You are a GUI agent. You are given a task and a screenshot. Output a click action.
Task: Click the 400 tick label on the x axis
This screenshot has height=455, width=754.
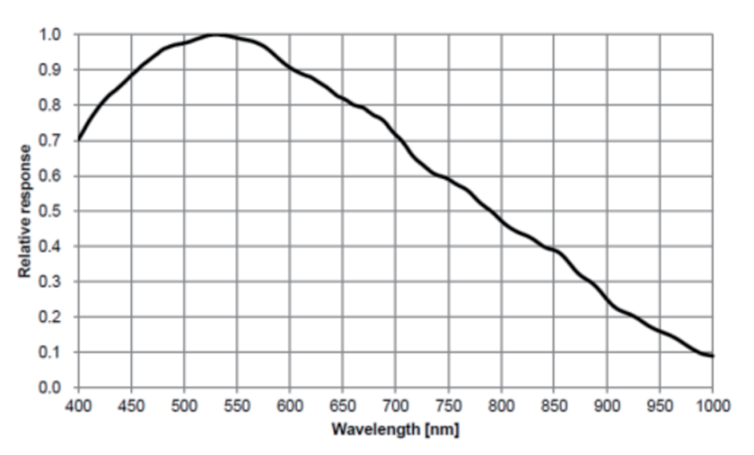pyautogui.click(x=79, y=406)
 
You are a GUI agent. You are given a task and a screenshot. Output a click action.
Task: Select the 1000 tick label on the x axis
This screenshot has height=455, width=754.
pyautogui.click(x=712, y=406)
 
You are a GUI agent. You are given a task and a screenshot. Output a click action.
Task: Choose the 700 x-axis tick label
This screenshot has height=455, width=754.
pyautogui.click(x=396, y=406)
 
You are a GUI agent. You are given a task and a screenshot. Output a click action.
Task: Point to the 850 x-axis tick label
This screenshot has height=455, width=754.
pyautogui.click(x=554, y=406)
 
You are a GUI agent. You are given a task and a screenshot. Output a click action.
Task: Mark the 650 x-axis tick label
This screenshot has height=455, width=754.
pyautogui.click(x=343, y=406)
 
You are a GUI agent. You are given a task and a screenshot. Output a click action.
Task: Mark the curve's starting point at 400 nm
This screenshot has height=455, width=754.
pyautogui.click(x=79, y=139)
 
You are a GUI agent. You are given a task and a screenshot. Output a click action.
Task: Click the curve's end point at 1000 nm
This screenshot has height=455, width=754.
pyautogui.click(x=713, y=355)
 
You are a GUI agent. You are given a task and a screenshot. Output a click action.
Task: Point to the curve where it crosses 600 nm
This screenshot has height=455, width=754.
pyautogui.click(x=290, y=68)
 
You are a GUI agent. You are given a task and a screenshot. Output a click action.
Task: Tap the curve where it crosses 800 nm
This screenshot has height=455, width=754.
pyautogui.click(x=501, y=222)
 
